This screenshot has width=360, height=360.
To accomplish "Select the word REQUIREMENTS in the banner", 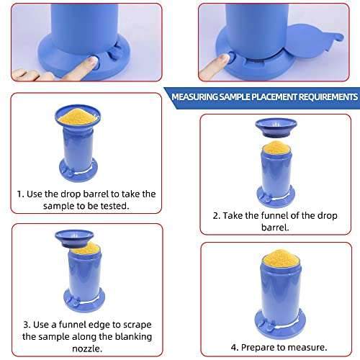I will pos(323,96).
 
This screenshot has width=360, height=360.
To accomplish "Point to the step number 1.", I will pos(20,194).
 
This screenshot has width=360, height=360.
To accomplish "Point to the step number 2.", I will pos(215,215).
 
